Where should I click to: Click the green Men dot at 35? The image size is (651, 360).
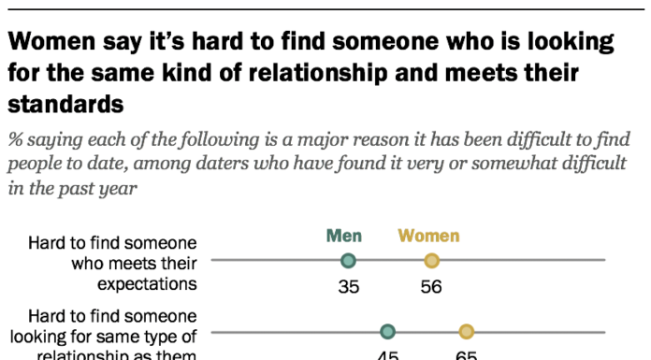349,261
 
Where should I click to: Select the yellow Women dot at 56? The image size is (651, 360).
431,261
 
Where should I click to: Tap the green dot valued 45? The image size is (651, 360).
388,331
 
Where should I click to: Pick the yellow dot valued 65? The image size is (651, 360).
467,331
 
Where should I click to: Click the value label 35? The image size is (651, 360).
349,287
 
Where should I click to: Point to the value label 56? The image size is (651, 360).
431,287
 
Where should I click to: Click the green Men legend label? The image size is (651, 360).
344,236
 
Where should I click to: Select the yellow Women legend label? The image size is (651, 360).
428,236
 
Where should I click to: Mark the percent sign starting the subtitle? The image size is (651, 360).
16,141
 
